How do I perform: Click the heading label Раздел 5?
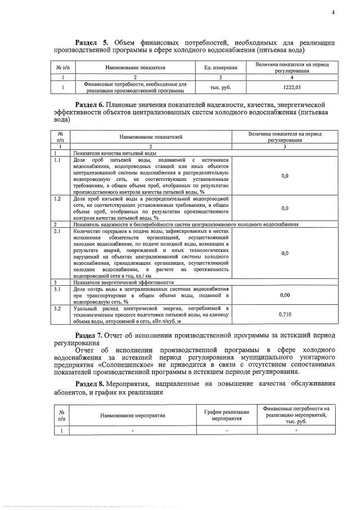[x=92, y=43]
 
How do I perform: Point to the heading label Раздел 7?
[x=92, y=335]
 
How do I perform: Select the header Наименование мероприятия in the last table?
[x=133, y=415]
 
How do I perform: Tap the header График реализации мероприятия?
[x=226, y=415]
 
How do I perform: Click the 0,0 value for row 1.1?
[x=285, y=176]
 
